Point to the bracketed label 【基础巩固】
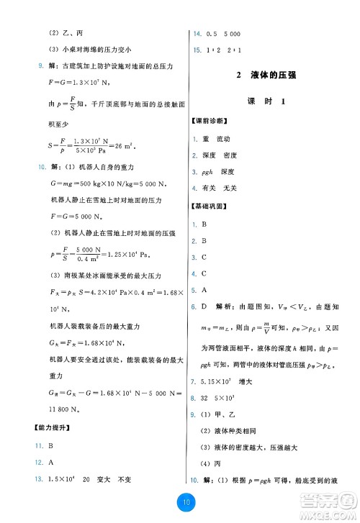(x=208, y=206)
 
